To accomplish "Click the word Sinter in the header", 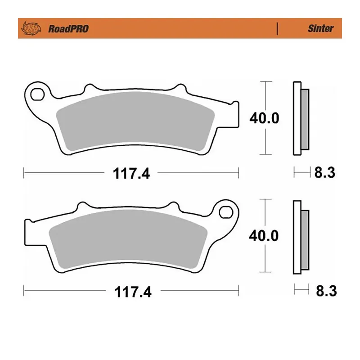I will [320, 28].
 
